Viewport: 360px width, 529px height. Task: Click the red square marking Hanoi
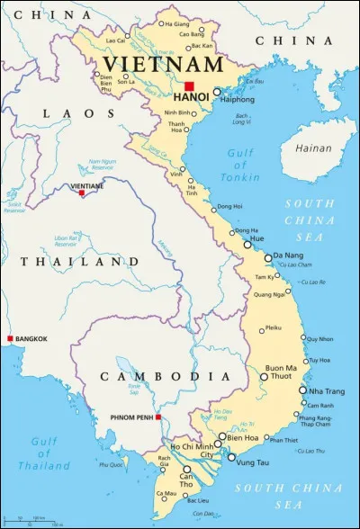click(x=189, y=86)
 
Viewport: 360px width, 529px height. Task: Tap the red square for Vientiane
click(x=82, y=193)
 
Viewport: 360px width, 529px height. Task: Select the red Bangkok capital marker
click(x=10, y=338)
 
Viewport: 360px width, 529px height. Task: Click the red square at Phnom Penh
click(x=158, y=417)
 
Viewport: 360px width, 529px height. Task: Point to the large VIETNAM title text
click(x=162, y=65)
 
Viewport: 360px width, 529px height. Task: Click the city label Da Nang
click(x=288, y=256)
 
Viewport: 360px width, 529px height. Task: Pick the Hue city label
click(x=256, y=241)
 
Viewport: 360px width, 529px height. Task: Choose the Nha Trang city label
click(x=327, y=390)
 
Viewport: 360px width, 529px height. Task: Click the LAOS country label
click(x=69, y=113)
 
